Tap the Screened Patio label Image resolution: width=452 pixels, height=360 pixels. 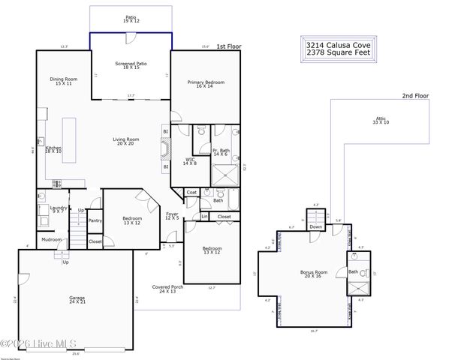pos(131,65)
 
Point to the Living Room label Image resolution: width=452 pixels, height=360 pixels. pos(126,141)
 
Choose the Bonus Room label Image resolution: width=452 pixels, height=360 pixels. pos(314,274)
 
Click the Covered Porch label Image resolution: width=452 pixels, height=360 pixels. pos(167,288)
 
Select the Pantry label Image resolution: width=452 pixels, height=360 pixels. pos(95,220)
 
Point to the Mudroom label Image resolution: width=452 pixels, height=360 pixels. pos(52,240)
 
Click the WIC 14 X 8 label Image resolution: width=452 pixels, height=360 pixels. pos(190,160)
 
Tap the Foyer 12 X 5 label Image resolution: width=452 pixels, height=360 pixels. pos(172,216)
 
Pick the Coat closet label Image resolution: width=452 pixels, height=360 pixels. pos(191,193)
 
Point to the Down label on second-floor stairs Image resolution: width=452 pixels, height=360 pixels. pos(316,226)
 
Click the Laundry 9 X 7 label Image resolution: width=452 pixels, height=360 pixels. pos(59,209)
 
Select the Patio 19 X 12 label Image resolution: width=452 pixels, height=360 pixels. pos(131,19)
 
